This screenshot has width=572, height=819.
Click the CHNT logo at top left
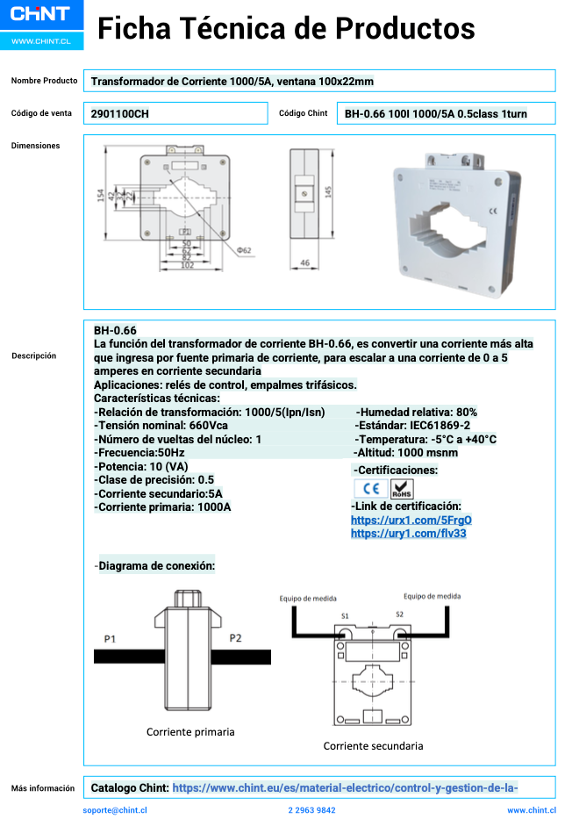[x=41, y=14]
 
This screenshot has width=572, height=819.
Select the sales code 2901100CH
[x=114, y=113]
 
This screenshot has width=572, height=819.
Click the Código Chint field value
[x=435, y=113]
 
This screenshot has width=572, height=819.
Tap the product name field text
[x=232, y=82]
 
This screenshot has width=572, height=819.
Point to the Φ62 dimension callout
[x=244, y=250]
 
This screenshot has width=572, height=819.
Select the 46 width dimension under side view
[x=304, y=262]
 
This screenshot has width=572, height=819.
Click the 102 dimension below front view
[x=187, y=265]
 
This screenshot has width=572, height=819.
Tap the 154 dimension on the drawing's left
[x=100, y=195]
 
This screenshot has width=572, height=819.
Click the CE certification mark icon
[x=369, y=489]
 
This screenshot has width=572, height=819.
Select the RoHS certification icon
[x=401, y=489]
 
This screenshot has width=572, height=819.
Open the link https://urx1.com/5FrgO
[x=398, y=520]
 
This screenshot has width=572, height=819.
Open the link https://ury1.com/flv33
[x=396, y=533]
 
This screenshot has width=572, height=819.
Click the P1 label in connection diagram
[x=110, y=638]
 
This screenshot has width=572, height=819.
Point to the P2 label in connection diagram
[x=235, y=638]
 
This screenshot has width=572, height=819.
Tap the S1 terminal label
[x=345, y=615]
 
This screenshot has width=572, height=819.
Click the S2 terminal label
[x=399, y=614]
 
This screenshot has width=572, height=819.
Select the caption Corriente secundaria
[x=373, y=746]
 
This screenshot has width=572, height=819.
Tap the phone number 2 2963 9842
[x=311, y=810]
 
